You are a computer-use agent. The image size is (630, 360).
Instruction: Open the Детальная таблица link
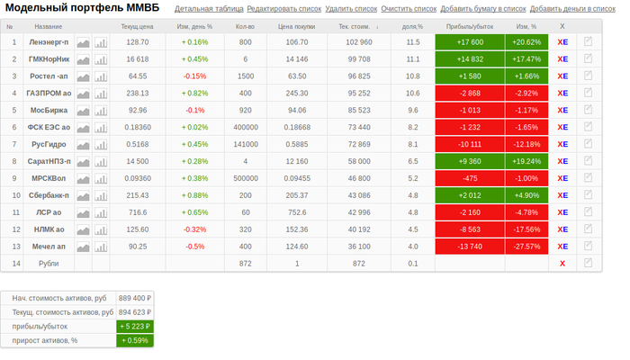point(208,9)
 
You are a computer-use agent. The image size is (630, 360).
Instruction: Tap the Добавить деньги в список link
point(579,9)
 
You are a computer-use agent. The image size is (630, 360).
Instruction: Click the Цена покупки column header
point(296,27)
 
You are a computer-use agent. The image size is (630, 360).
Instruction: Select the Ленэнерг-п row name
point(49,42)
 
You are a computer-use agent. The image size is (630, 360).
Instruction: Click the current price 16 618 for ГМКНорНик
point(138,59)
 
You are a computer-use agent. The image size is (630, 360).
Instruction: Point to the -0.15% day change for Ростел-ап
point(194,76)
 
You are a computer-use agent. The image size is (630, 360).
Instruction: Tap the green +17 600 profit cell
point(469,42)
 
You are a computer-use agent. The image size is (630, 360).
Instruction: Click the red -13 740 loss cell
point(469,246)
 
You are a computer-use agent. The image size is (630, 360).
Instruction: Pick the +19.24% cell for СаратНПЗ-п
point(526,161)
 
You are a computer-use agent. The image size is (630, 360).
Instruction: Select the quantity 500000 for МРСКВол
point(245,178)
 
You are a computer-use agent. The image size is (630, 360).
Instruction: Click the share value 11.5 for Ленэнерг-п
point(412,42)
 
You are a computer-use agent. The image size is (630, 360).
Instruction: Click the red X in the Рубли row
point(562,263)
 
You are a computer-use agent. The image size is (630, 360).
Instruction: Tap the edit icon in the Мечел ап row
point(589,246)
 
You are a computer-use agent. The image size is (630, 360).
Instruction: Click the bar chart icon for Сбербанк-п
point(101,195)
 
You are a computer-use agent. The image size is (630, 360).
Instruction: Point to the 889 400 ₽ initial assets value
point(135,298)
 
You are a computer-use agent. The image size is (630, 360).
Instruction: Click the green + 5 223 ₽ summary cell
point(135,327)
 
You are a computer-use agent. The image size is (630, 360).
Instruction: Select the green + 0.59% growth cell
point(135,341)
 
